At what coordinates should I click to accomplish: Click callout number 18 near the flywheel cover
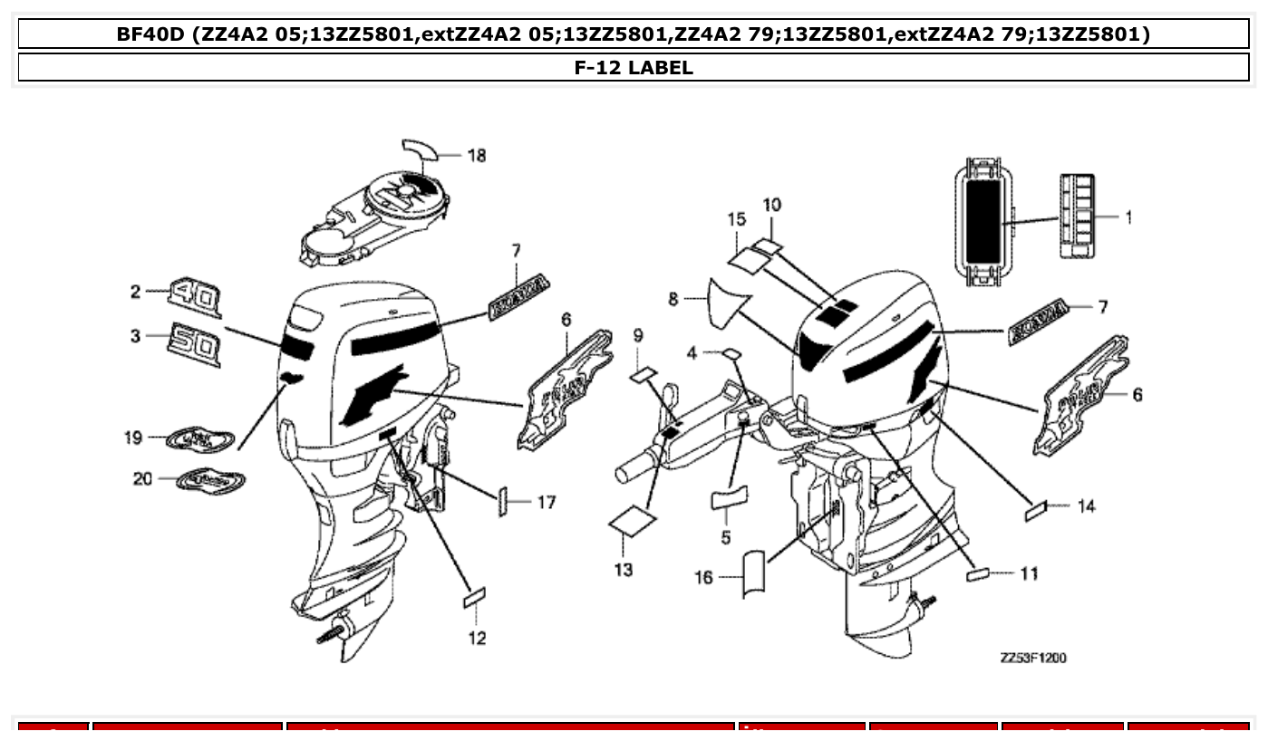point(477,156)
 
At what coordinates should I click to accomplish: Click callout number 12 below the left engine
point(477,638)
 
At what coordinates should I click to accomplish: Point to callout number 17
point(546,502)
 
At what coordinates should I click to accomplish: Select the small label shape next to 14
point(1034,512)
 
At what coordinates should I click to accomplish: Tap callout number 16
point(704,577)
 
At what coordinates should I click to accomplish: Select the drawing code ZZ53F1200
point(1032,658)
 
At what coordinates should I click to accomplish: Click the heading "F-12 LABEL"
point(634,67)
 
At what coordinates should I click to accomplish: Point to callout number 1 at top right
point(1128,217)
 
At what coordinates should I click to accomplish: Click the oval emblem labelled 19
point(201,438)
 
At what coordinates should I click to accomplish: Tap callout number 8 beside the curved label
point(673,298)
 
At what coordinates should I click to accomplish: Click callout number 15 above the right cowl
point(736,219)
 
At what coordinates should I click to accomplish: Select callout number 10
point(770,205)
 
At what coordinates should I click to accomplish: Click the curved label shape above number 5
point(731,498)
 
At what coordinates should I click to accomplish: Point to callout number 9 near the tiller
point(638,336)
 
